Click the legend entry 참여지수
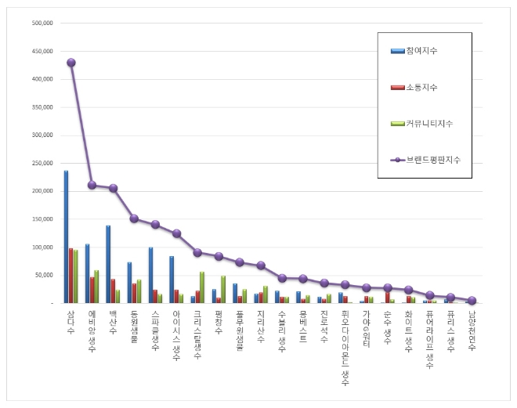point(421,51)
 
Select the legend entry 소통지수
point(421,87)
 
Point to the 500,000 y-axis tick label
point(42,23)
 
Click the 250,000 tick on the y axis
point(42,163)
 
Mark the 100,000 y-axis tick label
point(42,247)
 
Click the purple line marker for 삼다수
point(71,63)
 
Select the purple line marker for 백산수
point(114,188)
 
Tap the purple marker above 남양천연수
point(472,300)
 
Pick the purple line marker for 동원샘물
point(134,218)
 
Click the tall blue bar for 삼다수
point(66,236)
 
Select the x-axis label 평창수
point(219,323)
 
